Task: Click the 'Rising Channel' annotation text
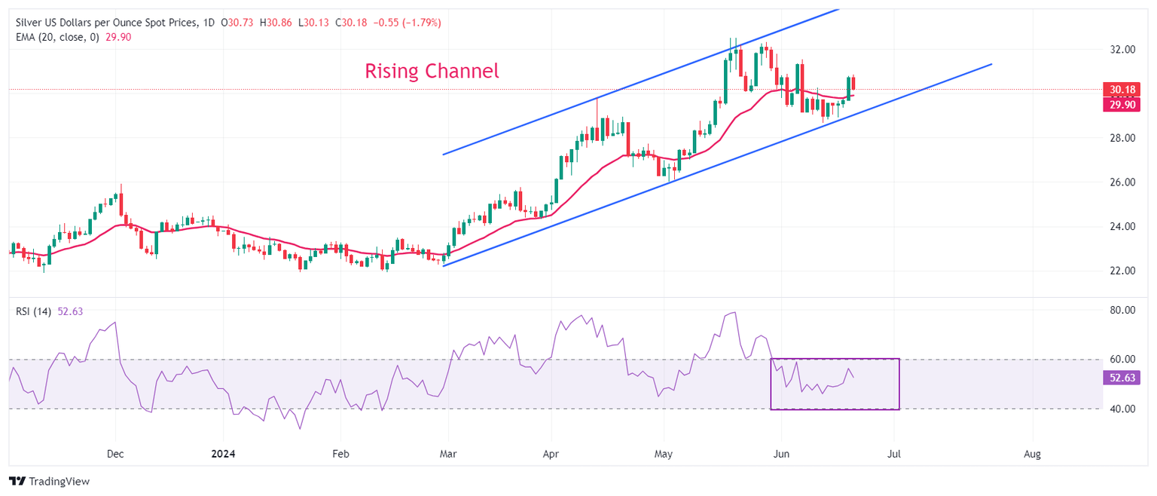(432, 72)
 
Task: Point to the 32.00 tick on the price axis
(1119, 50)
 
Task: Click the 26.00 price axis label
(1119, 182)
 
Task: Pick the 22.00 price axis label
(1119, 271)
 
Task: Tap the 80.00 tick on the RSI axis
(1119, 311)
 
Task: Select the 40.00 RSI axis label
(1119, 409)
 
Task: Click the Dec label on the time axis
(115, 455)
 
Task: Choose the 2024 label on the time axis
(224, 455)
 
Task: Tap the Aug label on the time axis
(1033, 455)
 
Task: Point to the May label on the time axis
(664, 455)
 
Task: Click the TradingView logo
(49, 481)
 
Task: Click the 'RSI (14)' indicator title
(34, 311)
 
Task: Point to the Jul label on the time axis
(894, 455)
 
